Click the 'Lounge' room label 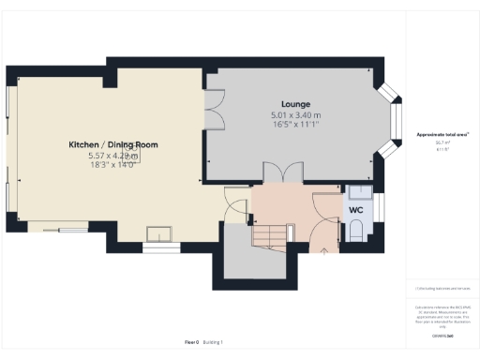pyautogui.click(x=295, y=103)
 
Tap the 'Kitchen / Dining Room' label pyautogui.click(x=112, y=144)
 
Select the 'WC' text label pyautogui.click(x=355, y=210)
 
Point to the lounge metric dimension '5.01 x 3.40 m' pyautogui.click(x=295, y=113)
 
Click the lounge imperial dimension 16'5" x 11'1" pyautogui.click(x=295, y=124)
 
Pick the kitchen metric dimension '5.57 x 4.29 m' pyautogui.click(x=112, y=155)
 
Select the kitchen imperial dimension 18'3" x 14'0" pyautogui.click(x=112, y=165)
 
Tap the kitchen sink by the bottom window pyautogui.click(x=157, y=232)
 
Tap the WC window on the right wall pyautogui.click(x=380, y=208)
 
